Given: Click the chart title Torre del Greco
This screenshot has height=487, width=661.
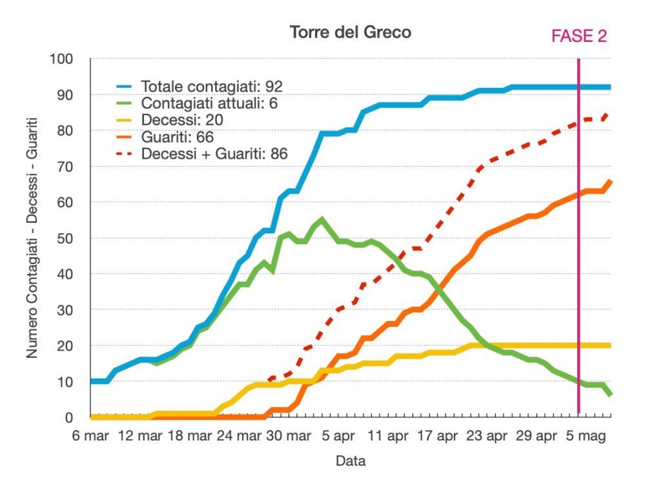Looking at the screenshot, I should tap(350, 32).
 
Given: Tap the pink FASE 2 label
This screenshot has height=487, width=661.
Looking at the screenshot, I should tap(579, 36).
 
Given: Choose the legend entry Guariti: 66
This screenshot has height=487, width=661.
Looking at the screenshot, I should tap(177, 137).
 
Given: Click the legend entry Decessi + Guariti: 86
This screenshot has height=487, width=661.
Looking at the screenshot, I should tap(214, 154).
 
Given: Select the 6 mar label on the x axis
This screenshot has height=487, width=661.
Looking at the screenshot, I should tap(91, 437).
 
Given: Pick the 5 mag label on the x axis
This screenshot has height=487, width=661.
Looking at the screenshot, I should tap(585, 437).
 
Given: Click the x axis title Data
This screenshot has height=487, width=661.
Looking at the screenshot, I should tap(351, 461).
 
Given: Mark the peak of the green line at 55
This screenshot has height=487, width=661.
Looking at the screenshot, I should tap(322, 220).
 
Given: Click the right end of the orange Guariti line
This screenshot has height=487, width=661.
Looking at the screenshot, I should tap(610, 181).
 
